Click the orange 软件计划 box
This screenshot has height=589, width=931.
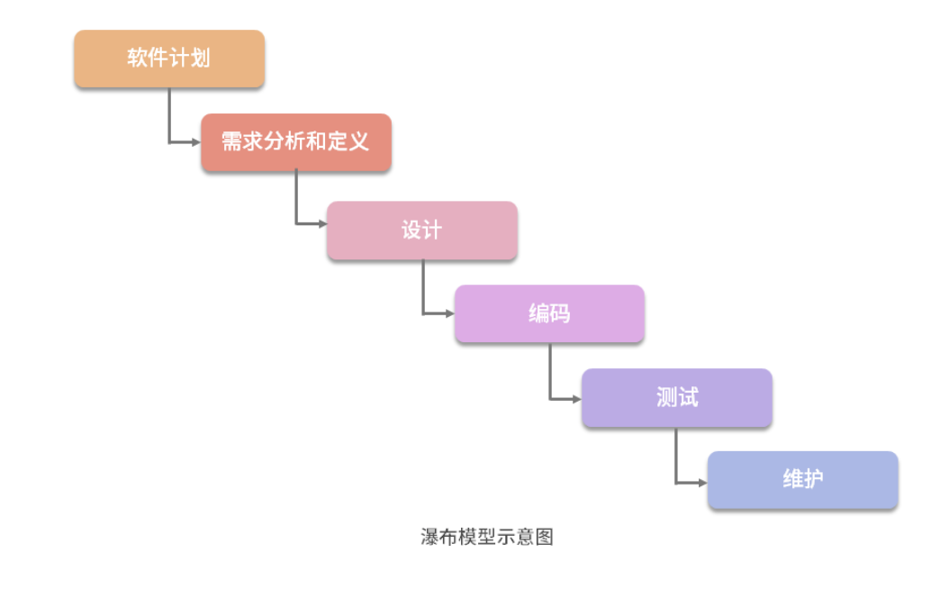point(169,59)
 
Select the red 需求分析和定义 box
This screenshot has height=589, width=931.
point(296,142)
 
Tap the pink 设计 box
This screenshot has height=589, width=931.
point(421,231)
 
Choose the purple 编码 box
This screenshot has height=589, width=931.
point(549,314)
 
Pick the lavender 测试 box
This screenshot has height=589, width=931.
point(676,397)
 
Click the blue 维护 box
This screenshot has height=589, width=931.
point(802,480)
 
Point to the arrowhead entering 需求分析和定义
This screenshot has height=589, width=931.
point(195,142)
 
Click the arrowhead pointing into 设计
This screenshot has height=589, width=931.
point(321,223)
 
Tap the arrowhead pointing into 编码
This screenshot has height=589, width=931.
point(449,313)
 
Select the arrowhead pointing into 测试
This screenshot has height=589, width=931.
point(576,397)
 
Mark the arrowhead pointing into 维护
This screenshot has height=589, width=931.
point(702,483)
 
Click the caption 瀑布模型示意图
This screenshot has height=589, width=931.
point(486,538)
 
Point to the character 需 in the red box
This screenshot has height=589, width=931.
point(232,142)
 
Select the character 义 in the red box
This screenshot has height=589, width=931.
point(359,142)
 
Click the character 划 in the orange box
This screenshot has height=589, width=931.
point(200,59)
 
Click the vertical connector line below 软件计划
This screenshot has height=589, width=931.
point(168,115)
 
